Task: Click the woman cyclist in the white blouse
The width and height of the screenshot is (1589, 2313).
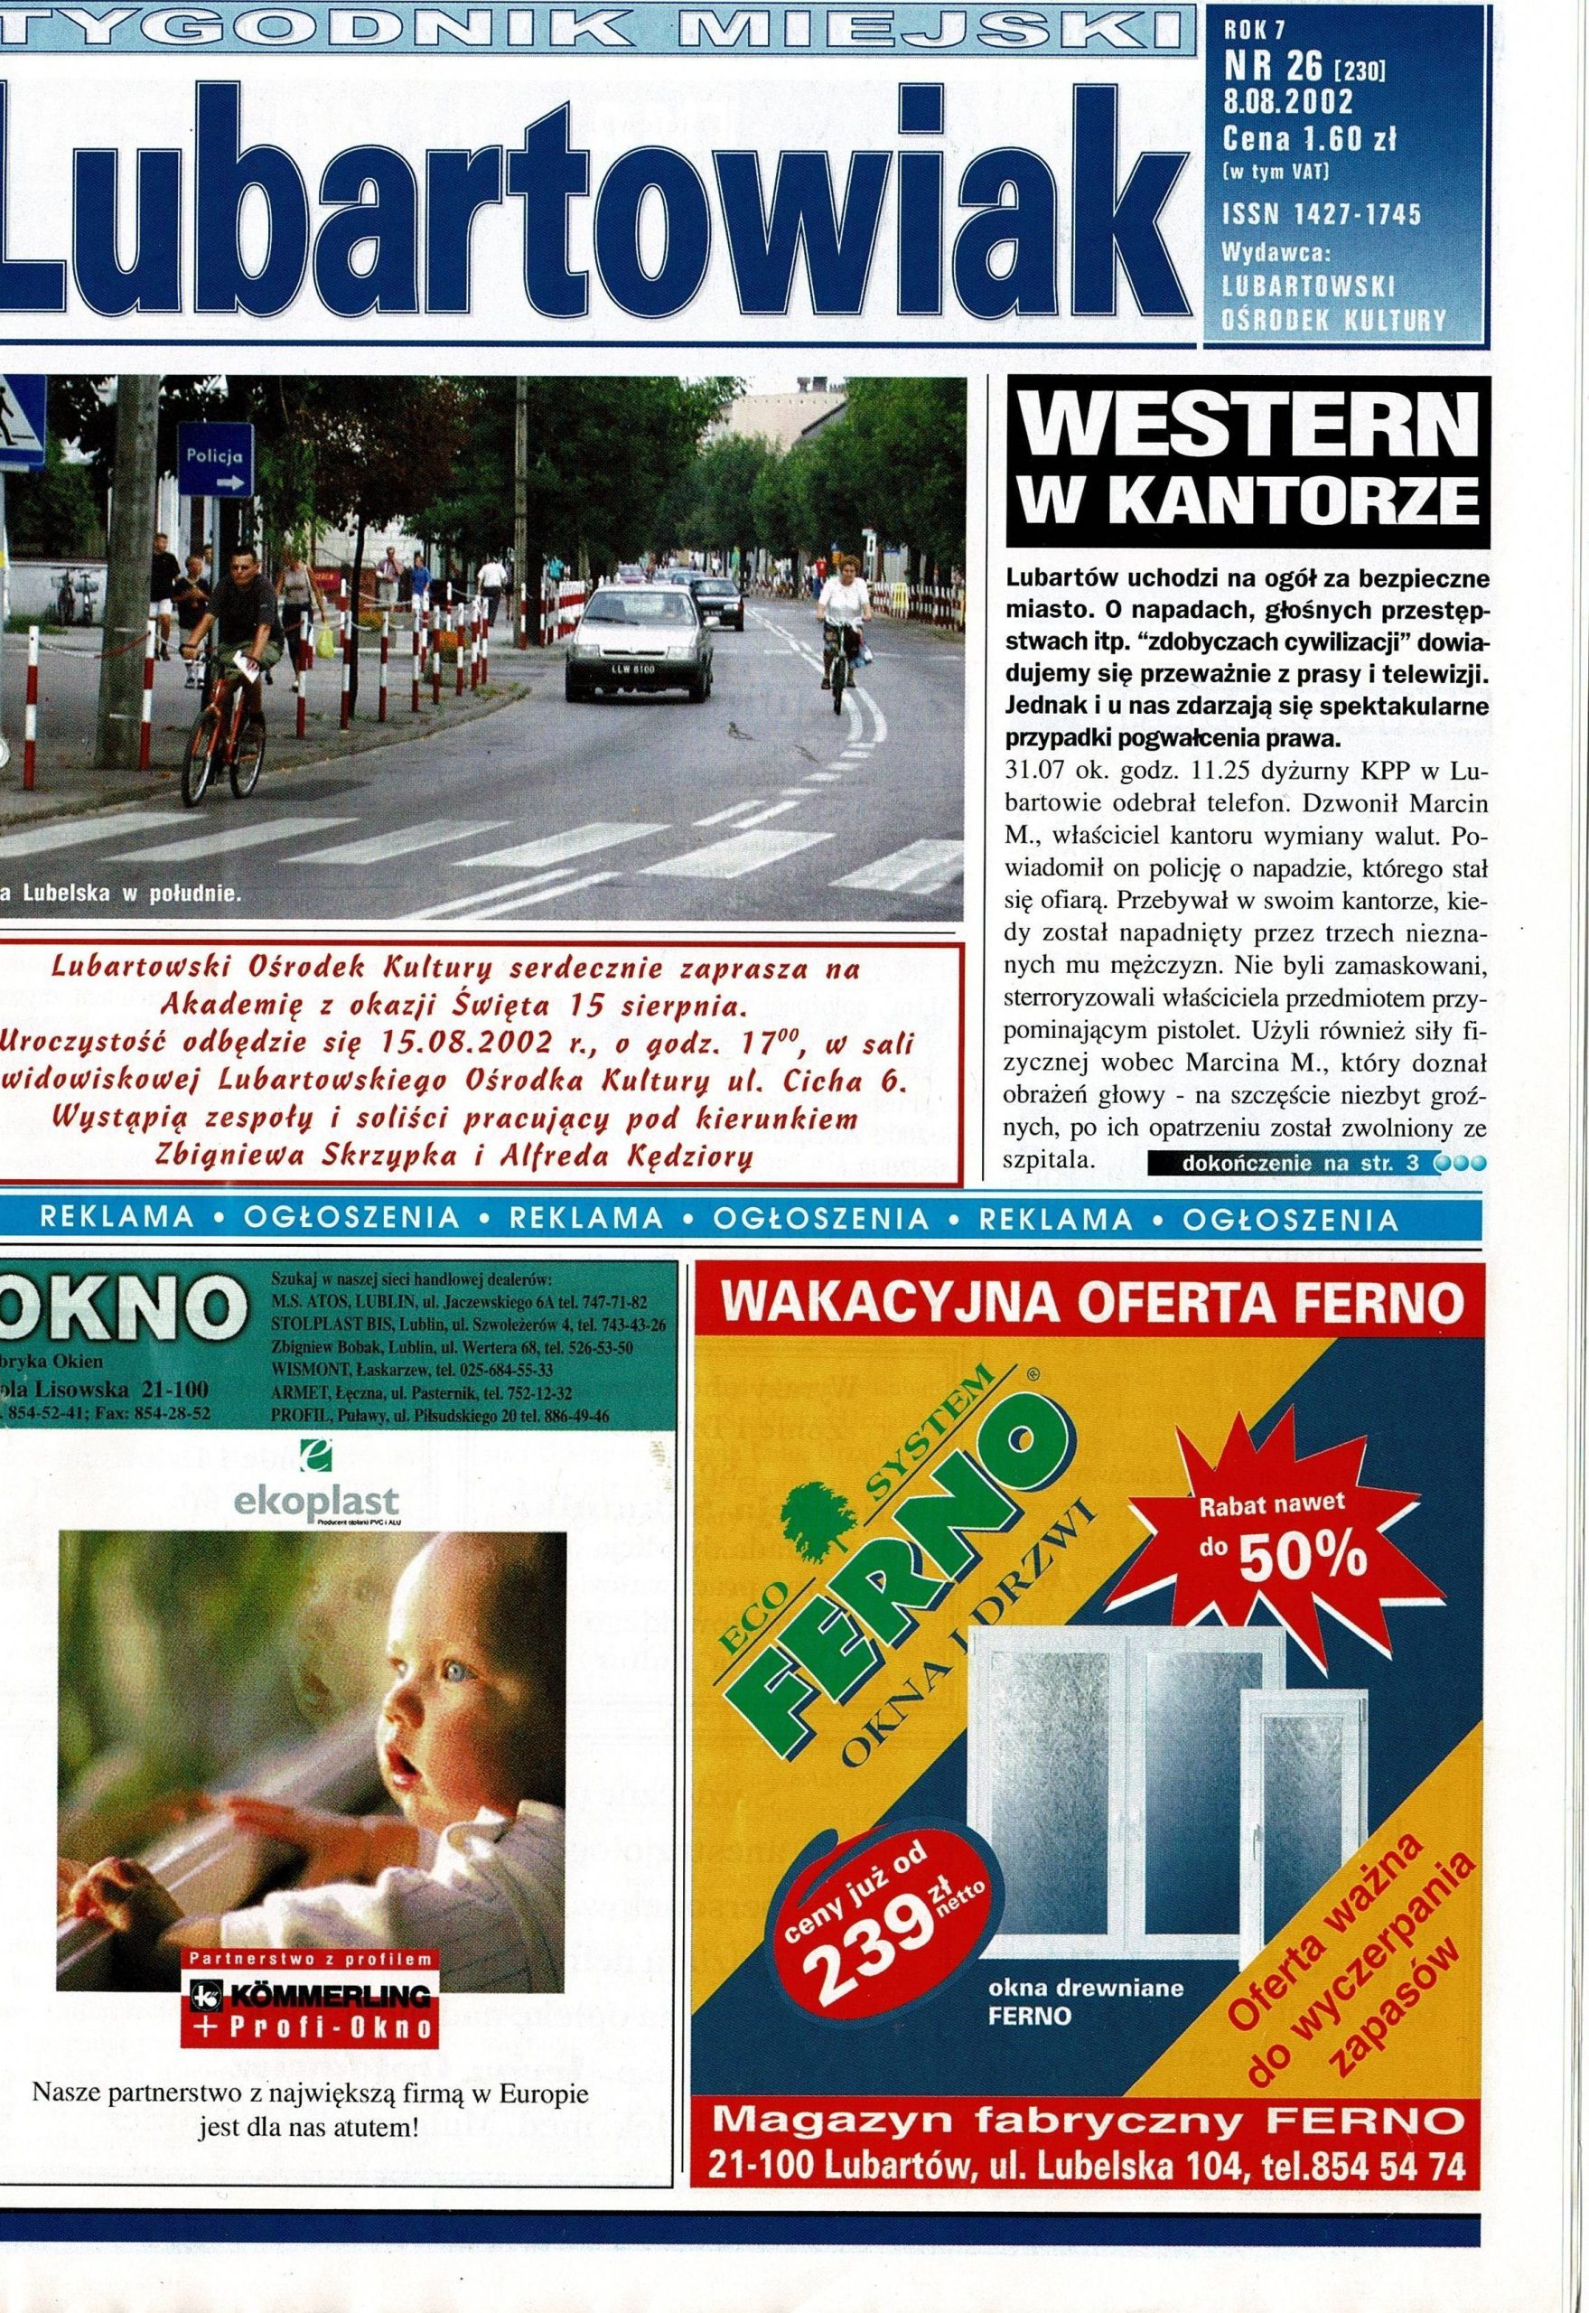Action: point(841,611)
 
